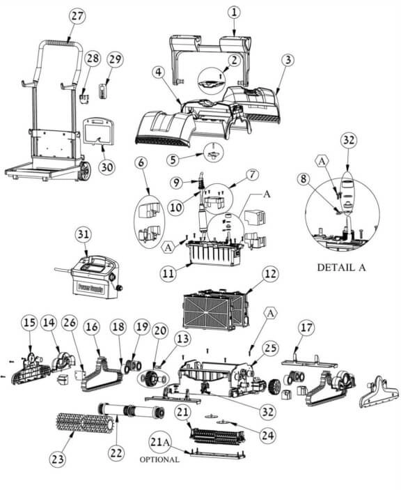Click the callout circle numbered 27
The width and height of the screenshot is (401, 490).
point(77,15)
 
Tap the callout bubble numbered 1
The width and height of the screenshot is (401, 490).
point(235,13)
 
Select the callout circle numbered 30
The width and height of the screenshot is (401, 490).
point(107,167)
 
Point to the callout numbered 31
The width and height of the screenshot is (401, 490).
point(84,233)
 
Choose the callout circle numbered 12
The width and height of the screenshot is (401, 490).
point(270,274)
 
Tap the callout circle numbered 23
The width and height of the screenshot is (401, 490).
point(58,459)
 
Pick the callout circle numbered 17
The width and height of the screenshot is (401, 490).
point(306,328)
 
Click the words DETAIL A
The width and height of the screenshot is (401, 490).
point(341,268)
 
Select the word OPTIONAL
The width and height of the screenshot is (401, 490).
point(159,460)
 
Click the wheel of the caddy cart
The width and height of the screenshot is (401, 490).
point(84,171)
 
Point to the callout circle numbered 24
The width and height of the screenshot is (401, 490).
point(268,435)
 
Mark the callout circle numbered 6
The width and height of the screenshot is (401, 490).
point(141,162)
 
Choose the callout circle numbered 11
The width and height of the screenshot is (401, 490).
point(168,274)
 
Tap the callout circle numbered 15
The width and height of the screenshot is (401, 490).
point(30,323)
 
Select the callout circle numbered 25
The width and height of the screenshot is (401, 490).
point(269,349)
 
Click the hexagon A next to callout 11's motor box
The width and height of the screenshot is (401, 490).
point(168,247)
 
